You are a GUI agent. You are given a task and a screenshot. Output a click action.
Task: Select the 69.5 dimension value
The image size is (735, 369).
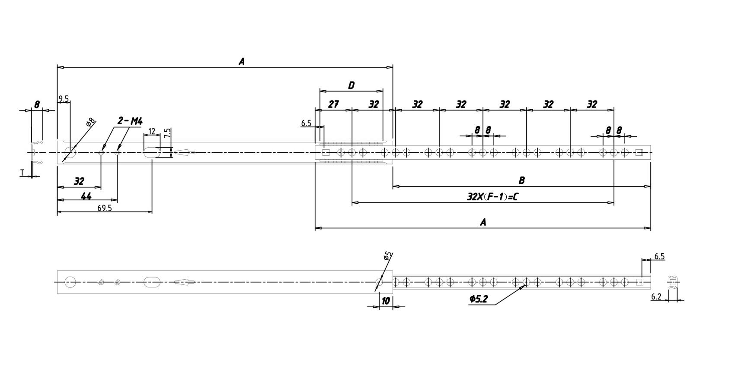tap(105, 208)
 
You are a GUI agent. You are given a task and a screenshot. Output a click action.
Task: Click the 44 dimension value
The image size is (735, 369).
tap(86, 196)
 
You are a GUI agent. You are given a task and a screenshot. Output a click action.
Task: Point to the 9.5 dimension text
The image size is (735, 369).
tap(64, 99)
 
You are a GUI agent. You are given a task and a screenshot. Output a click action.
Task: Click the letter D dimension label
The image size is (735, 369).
tap(351, 85)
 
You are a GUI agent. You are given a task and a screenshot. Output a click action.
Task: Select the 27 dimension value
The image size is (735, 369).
tap(333, 104)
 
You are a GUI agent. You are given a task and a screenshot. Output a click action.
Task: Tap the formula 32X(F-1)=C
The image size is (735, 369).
tap(492, 197)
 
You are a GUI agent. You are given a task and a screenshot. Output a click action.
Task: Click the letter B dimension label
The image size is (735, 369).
tap(521, 180)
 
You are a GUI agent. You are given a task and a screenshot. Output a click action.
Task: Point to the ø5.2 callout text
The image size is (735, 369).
tap(478, 299)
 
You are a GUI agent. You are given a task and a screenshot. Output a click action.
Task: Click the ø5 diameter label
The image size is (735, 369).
tap(387, 255)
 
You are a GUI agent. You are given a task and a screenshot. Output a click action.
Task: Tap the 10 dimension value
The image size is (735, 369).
tap(385, 300)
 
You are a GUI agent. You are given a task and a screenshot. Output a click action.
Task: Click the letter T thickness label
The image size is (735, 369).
tap(22, 173)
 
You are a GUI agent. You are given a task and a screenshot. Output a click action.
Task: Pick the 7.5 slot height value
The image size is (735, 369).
tap(167, 133)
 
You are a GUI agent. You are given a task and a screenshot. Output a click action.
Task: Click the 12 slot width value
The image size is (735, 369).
tap(152, 131)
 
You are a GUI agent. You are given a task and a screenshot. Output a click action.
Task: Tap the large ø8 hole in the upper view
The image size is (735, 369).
tap(70, 152)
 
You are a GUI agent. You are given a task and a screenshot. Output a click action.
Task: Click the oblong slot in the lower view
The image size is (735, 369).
tap(152, 282)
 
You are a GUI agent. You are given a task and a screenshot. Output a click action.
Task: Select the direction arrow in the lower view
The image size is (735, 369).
tap(184, 282)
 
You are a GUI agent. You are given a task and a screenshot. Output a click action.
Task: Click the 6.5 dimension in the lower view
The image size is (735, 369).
tap(659, 256)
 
